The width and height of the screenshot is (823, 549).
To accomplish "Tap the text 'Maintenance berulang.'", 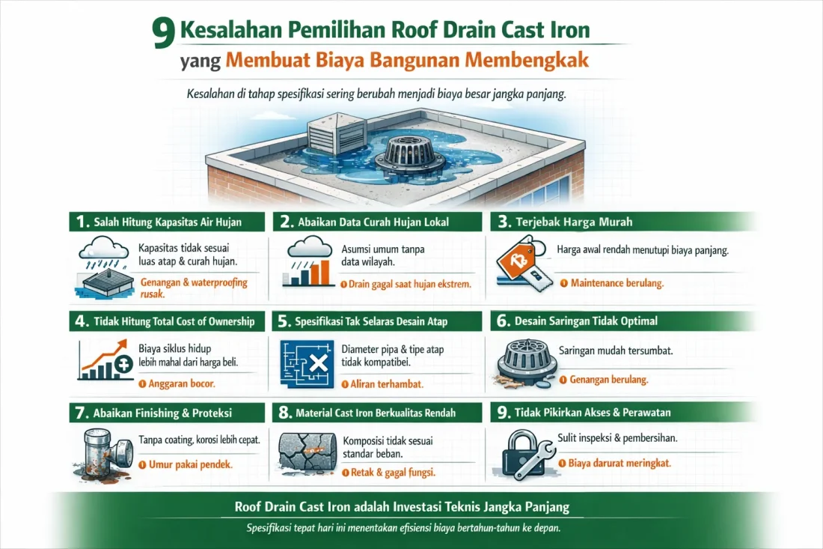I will pos(617,284).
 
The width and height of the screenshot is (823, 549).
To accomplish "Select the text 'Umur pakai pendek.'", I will pos(185,464).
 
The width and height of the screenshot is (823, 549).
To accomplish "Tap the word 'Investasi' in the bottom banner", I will pos(415,507).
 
